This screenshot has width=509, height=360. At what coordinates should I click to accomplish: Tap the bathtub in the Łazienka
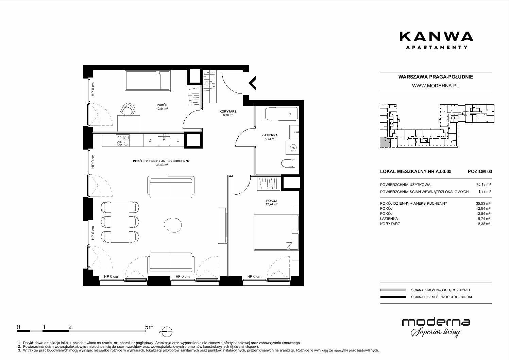(281, 114)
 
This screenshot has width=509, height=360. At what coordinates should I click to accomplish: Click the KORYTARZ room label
(228, 111)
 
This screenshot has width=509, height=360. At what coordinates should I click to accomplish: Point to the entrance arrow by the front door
(252, 83)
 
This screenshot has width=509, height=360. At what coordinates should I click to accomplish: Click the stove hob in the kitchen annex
(123, 140)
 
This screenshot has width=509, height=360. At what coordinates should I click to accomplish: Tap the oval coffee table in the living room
(173, 225)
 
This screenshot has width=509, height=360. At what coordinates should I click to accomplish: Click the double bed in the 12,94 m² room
(276, 232)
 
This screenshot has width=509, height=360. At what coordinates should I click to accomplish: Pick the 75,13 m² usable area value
(483, 185)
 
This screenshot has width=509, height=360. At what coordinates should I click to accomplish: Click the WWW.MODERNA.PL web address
(435, 86)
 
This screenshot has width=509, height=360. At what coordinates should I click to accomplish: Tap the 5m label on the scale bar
(149, 327)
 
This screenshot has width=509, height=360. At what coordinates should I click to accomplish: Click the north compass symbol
(167, 331)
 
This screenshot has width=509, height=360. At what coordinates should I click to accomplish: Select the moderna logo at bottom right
(436, 328)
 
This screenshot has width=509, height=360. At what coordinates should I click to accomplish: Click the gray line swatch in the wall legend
(393, 290)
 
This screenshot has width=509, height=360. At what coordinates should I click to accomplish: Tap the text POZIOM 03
(480, 171)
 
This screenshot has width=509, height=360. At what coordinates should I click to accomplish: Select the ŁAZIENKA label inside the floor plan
(270, 135)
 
